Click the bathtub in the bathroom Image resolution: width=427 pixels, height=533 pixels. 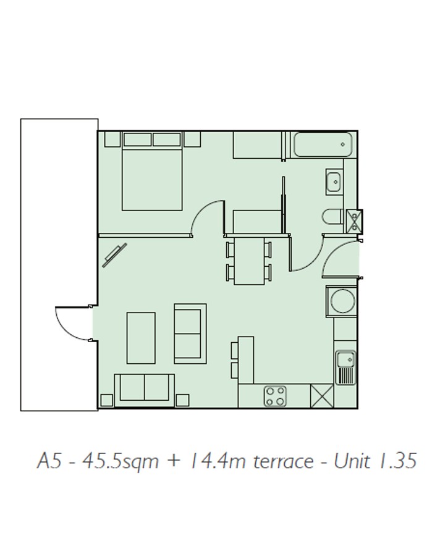(x=323, y=145)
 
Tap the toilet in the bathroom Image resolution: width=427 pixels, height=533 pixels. (x=332, y=217)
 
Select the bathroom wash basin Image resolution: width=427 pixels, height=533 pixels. (x=334, y=182)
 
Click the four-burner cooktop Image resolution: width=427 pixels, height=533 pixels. (x=275, y=397)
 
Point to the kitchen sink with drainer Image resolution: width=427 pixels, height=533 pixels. (x=346, y=367)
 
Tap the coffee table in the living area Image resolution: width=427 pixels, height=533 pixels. (x=141, y=338)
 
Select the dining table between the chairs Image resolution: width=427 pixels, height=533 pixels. (x=249, y=261)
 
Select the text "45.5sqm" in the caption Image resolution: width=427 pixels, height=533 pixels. (x=120, y=461)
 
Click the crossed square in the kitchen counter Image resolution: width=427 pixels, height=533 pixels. (x=322, y=396)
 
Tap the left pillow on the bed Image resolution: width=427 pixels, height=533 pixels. (x=137, y=140)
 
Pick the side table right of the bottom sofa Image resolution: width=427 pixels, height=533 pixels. (x=183, y=400)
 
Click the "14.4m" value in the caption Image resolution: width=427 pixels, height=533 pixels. (x=218, y=461)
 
